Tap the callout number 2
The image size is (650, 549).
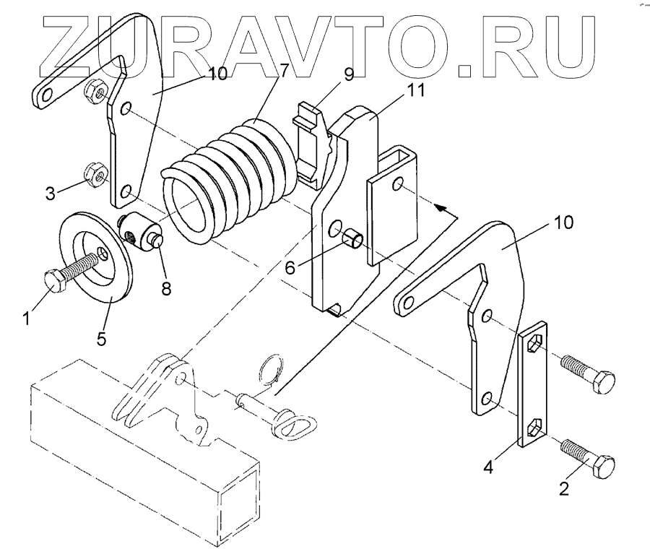coord(564,488)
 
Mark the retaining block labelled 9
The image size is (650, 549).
coord(312,141)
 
